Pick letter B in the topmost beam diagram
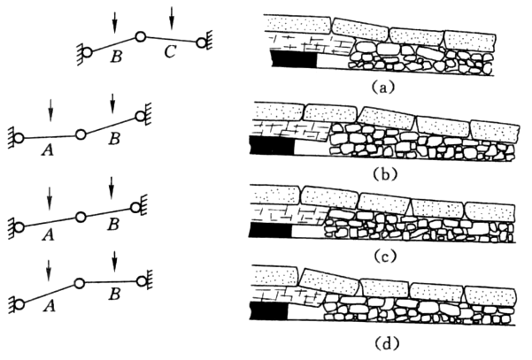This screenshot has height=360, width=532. (114, 57)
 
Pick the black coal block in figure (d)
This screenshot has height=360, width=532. (273, 311)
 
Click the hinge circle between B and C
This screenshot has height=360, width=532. (140, 37)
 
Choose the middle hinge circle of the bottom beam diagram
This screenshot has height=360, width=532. (79, 284)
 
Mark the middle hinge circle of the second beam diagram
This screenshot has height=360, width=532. (80, 134)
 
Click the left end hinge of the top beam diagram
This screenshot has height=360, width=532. (87, 52)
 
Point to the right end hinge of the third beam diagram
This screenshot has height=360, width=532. (136, 206)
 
